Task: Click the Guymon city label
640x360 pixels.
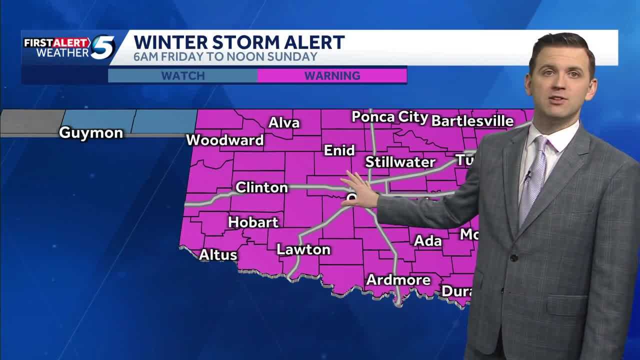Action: click(91, 133)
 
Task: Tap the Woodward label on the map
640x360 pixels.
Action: click(225, 140)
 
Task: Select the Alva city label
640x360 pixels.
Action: click(284, 123)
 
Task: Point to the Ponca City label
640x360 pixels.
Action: click(390, 117)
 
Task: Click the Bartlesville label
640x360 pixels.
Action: click(472, 121)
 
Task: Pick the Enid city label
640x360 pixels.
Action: click(339, 150)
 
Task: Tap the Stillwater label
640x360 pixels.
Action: click(400, 162)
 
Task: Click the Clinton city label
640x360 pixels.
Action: click(261, 187)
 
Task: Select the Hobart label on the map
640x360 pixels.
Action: click(253, 222)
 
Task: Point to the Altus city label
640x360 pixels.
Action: click(218, 255)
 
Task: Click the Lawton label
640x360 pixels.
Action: click(303, 249)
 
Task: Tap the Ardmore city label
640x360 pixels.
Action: click(398, 280)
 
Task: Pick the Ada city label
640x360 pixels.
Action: click(428, 241)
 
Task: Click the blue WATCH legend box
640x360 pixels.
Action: click(183, 76)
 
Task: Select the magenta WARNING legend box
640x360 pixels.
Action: click(332, 76)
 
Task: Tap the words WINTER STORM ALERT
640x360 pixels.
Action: click(239, 42)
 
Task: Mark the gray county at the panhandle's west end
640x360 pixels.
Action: click(31, 122)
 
